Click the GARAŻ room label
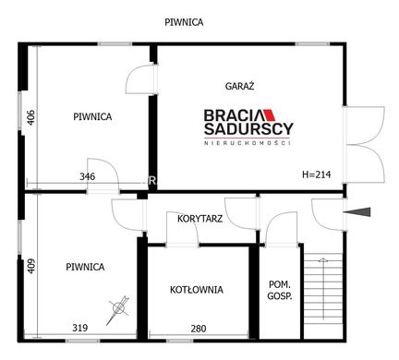pyautogui.click(x=239, y=86)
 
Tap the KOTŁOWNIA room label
pyautogui.click(x=197, y=290)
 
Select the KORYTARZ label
pyautogui.click(x=199, y=219)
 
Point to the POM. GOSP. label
pyautogui.click(x=280, y=290)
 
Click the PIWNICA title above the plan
pyautogui.click(x=184, y=22)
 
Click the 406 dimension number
pyautogui.click(x=31, y=117)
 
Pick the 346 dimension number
pyautogui.click(x=88, y=176)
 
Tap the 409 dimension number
pyautogui.click(x=31, y=266)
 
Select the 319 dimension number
pyautogui.click(x=80, y=328)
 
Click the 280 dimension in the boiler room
pyautogui.click(x=199, y=329)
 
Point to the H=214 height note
pyautogui.click(x=317, y=174)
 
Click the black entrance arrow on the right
pyautogui.click(x=357, y=212)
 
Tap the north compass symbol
pyautogui.click(x=118, y=308)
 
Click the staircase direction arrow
pyautogui.click(x=323, y=289)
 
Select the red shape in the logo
pyautogui.click(x=270, y=114)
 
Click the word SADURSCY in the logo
pyautogui.click(x=248, y=128)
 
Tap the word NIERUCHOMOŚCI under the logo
pyautogui.click(x=248, y=143)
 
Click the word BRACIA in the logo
pyautogui.click(x=234, y=115)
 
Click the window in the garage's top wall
pyautogui.click(x=312, y=44)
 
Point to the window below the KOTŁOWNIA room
pyautogui.click(x=180, y=341)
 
